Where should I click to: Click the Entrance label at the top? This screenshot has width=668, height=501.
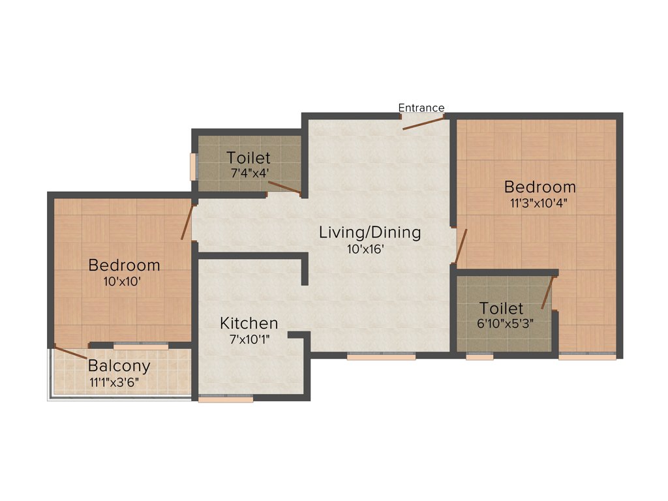421,108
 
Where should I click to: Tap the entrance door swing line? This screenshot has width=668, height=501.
423,123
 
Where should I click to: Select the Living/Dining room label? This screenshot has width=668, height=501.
370,232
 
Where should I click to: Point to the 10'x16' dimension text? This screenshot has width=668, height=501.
370,249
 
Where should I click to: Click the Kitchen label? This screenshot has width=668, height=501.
249,323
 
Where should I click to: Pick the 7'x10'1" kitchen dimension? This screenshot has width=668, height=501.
249,339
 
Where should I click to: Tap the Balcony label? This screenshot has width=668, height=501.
119,365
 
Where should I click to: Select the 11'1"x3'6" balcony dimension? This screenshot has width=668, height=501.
119,381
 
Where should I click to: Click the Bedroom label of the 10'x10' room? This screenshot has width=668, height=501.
124,266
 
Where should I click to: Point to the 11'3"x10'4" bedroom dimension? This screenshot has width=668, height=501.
539,202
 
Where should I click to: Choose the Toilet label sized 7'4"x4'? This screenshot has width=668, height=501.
249,158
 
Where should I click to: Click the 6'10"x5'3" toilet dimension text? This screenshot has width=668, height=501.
501,322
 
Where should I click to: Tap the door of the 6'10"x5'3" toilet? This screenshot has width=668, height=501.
547,292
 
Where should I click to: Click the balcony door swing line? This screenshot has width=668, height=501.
70,353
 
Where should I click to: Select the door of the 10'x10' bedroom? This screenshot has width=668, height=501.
187,222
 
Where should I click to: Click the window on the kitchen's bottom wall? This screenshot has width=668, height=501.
226,398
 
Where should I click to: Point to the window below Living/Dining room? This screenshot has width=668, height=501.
381,357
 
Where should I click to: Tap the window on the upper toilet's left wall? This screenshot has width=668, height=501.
192,167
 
